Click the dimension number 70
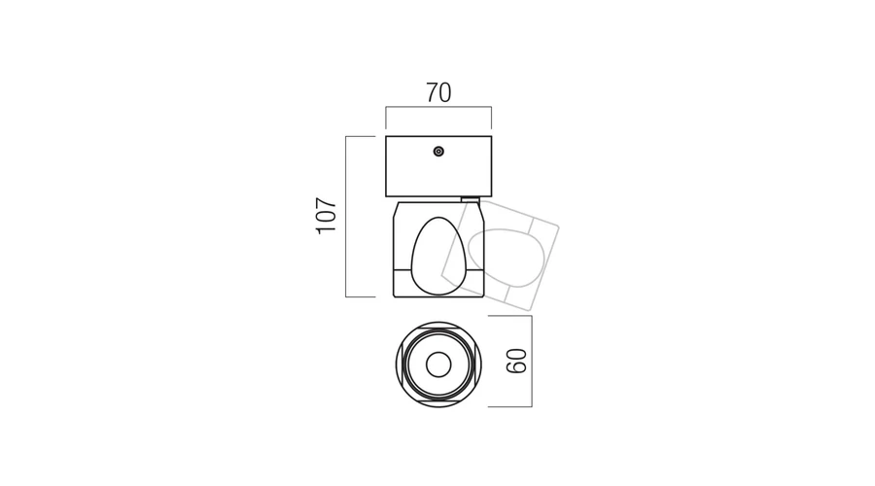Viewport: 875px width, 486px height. coord(438,92)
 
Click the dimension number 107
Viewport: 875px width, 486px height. coord(327,216)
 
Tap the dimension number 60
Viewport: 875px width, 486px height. coord(516,361)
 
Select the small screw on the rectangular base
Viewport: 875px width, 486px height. coord(438,152)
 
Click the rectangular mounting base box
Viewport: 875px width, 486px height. coord(438,166)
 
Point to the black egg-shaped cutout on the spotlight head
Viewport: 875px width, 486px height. coord(439,256)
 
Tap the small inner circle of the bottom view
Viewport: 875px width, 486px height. coord(438,364)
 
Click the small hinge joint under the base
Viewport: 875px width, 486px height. coord(471,199)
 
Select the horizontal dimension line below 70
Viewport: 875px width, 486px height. coord(438,107)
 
